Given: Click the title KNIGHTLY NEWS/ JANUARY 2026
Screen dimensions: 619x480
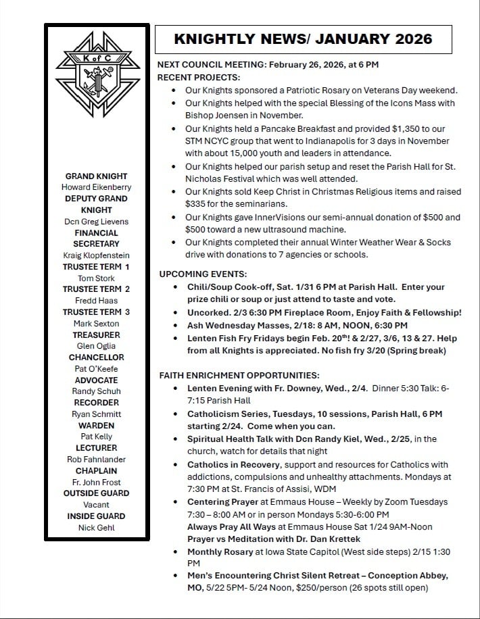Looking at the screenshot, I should point(303,39).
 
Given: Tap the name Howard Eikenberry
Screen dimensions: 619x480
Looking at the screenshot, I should point(96,187).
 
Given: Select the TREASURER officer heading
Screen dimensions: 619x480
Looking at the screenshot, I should point(96,335).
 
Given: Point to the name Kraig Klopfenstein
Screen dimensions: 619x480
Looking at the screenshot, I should point(96,255).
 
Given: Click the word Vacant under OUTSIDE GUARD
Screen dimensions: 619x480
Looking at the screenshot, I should point(96,505).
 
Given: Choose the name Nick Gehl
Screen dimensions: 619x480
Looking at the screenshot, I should point(96,528).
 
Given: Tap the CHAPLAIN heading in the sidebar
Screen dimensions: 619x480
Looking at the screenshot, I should point(96,470).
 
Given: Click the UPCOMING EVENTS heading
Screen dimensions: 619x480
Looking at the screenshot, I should point(203,274).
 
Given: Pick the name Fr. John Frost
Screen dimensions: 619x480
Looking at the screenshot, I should point(96,482).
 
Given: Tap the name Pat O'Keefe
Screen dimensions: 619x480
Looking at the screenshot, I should point(96,368).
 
